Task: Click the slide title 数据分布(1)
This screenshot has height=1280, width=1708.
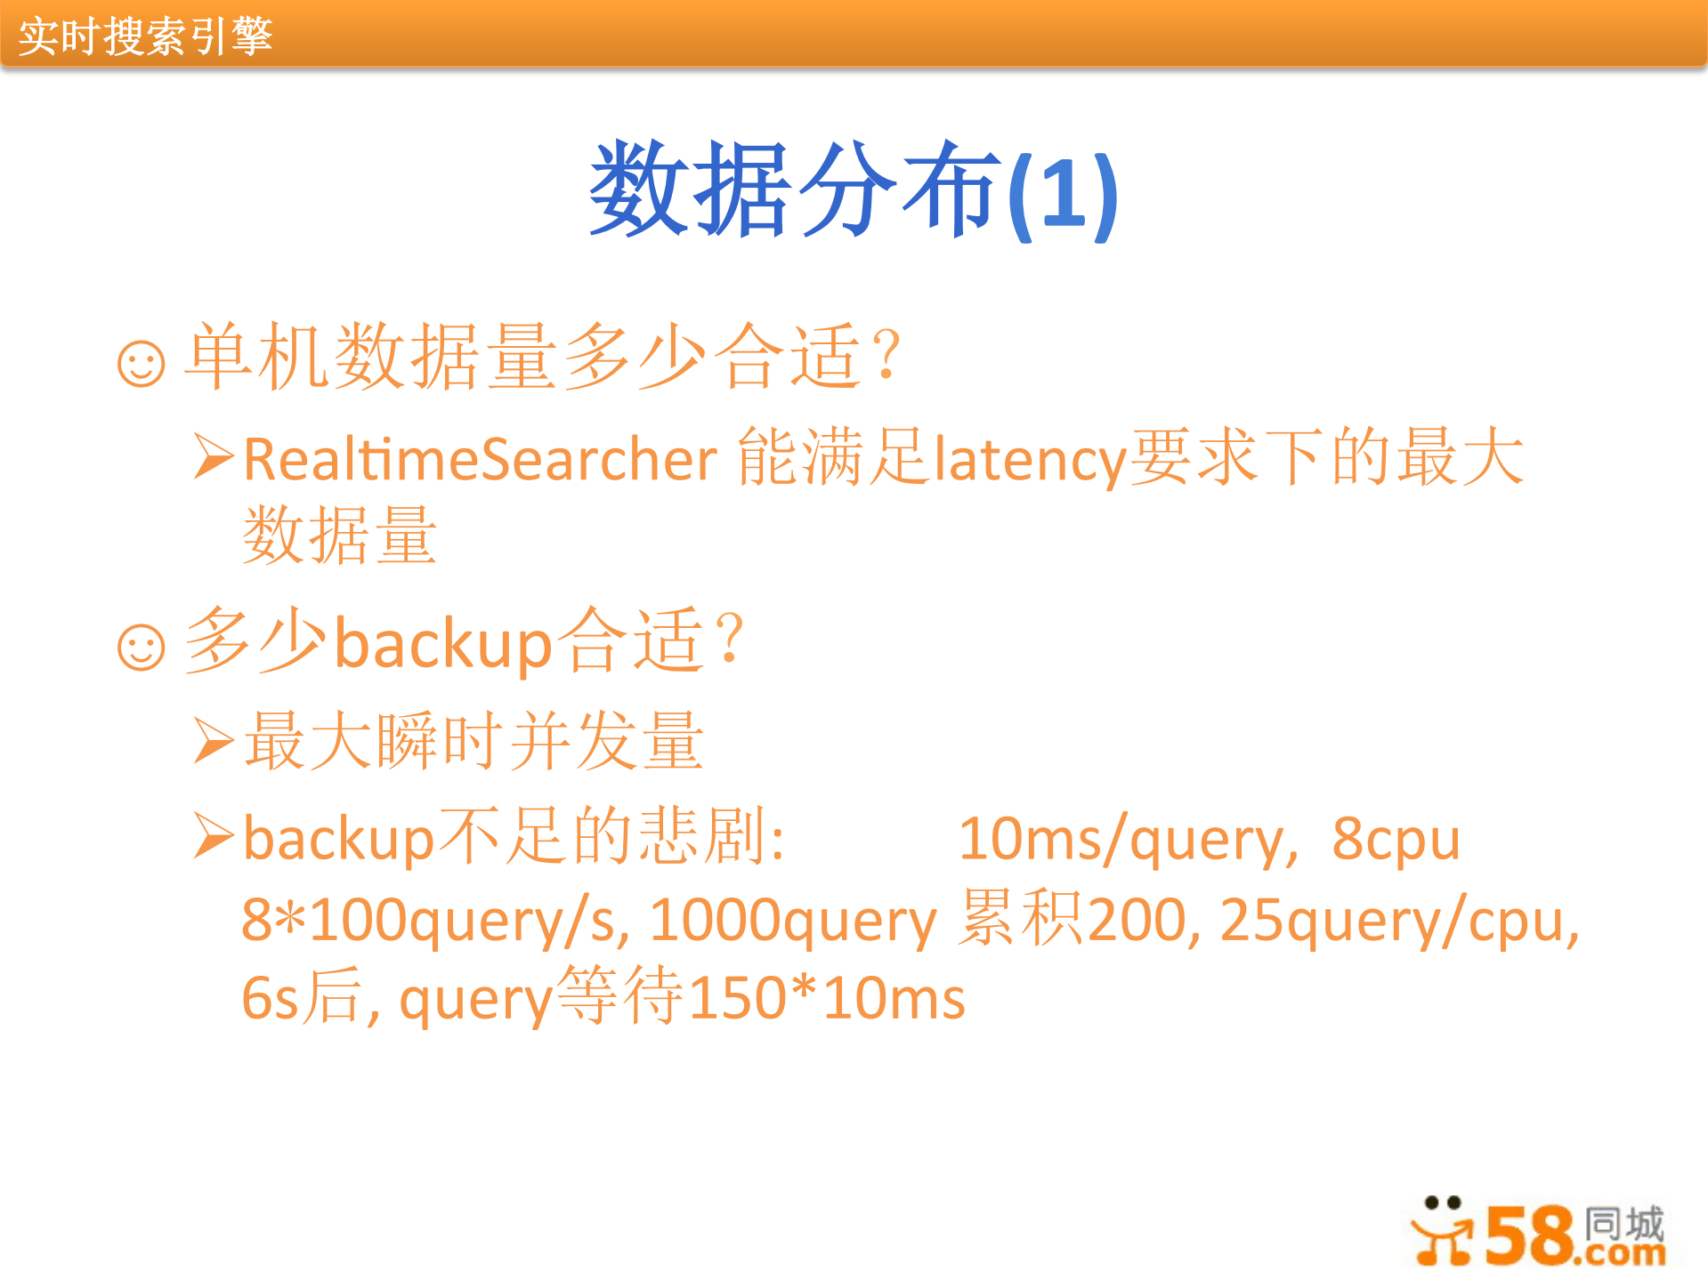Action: click(853, 191)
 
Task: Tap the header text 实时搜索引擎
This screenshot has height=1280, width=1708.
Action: click(145, 36)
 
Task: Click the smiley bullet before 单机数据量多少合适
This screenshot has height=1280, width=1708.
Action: click(142, 364)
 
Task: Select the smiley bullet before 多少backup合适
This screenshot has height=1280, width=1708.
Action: click(142, 647)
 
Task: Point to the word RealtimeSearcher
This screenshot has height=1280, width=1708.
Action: click(480, 460)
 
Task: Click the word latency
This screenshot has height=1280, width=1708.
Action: click(1030, 460)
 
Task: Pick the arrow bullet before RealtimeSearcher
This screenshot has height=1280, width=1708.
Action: click(214, 457)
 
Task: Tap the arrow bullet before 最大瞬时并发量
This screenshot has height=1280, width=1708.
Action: click(214, 741)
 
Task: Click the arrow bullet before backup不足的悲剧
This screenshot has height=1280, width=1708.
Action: click(214, 837)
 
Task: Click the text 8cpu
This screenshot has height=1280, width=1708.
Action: click(1396, 839)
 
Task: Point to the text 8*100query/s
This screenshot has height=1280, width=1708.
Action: click(435, 920)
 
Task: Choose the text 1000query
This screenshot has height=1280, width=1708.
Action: click(792, 920)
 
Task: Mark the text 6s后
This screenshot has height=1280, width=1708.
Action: click(303, 998)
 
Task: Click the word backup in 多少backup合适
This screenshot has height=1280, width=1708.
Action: click(443, 644)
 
